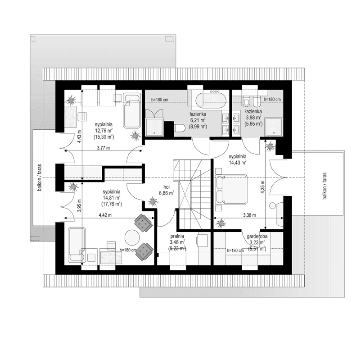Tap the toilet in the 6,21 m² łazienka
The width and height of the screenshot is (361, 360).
pos(180,128)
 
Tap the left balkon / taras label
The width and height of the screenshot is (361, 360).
pos(40,178)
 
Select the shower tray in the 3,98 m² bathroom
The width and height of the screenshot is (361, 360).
pos(274,127)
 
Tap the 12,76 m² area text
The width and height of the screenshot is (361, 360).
pos(104,129)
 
